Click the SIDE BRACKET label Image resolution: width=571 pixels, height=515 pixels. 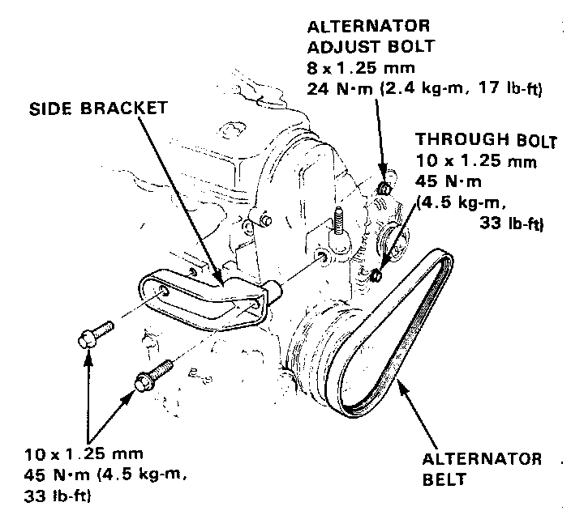(100, 108)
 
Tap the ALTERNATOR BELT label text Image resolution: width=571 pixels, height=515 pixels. (482, 468)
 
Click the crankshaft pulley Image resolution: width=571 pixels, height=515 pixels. (318, 340)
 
